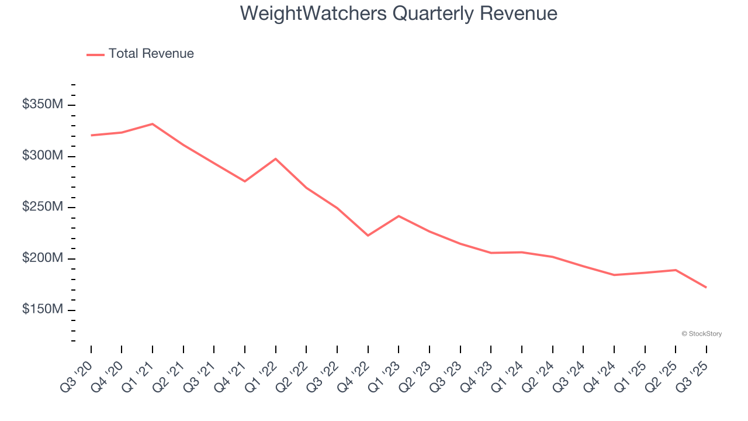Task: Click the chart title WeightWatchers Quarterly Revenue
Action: [x=399, y=13]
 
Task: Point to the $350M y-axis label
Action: [x=43, y=105]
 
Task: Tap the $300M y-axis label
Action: [x=43, y=156]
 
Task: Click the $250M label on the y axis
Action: [x=43, y=207]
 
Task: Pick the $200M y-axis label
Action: [x=43, y=258]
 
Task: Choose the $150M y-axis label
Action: [x=43, y=309]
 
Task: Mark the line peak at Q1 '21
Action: [x=153, y=124]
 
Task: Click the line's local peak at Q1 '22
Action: [x=276, y=159]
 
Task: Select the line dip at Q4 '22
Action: [x=368, y=236]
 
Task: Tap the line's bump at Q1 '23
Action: [x=399, y=216]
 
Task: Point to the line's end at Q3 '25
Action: [x=706, y=287]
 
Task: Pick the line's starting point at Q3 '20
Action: [x=91, y=135]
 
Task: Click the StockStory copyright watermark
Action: [x=701, y=334]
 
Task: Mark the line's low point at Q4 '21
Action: [x=245, y=181]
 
